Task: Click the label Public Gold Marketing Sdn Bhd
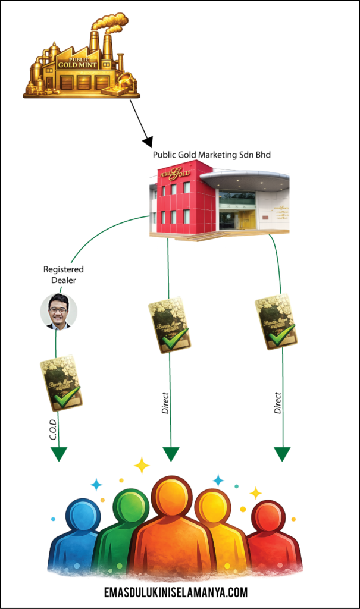click(x=211, y=155)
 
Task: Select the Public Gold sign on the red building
click(x=174, y=174)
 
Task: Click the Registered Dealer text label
click(x=59, y=275)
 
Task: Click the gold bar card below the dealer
click(x=61, y=382)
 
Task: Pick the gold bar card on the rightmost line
click(x=276, y=321)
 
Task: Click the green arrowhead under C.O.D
click(x=58, y=454)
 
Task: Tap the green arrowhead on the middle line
click(x=171, y=454)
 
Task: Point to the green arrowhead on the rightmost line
click(x=282, y=454)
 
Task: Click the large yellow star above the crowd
click(x=142, y=465)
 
